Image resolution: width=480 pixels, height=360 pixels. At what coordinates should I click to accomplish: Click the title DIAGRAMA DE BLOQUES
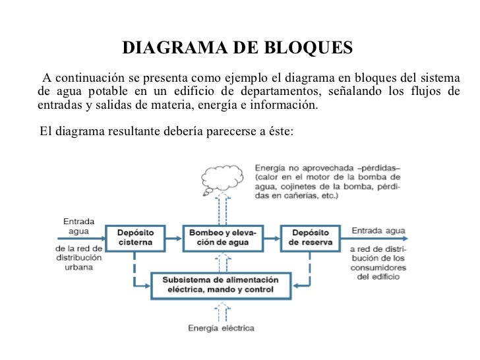(238, 49)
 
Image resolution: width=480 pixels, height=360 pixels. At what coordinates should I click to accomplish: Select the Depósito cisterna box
(136, 237)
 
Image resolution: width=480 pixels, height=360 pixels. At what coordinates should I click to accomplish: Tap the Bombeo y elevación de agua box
(225, 237)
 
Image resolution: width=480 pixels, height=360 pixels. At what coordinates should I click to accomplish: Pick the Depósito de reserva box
(310, 237)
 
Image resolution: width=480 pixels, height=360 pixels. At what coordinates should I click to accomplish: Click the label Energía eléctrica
(221, 328)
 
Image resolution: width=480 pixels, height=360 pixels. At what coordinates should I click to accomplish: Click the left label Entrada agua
(78, 227)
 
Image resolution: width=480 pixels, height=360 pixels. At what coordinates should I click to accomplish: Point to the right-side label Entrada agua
(378, 230)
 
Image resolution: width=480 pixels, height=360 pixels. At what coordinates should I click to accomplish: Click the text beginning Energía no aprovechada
(327, 182)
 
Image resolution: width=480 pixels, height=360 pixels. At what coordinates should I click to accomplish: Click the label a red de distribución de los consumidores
(378, 263)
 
